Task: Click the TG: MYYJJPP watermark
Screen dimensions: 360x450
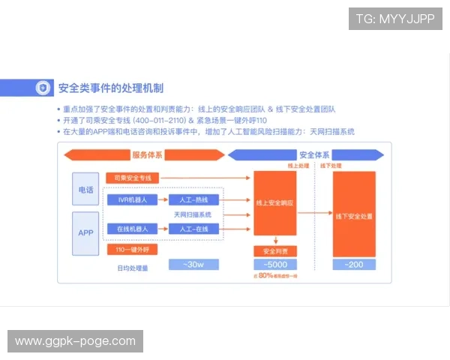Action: point(395,19)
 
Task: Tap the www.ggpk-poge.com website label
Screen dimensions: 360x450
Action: point(75,341)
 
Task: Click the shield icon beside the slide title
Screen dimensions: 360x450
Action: point(45,88)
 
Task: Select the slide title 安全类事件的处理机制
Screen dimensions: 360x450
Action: point(110,88)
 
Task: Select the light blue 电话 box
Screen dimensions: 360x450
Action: point(85,190)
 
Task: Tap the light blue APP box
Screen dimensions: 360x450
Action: point(85,232)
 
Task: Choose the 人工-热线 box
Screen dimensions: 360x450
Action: point(193,200)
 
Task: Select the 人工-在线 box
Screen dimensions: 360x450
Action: point(193,228)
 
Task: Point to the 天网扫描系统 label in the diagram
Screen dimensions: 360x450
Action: point(193,214)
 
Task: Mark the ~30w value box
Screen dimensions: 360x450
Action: point(193,265)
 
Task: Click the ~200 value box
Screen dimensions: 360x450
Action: point(353,265)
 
